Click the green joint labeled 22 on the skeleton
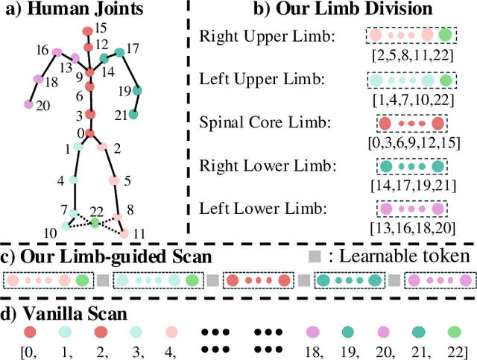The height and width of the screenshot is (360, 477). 95,222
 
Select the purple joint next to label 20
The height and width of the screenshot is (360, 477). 30,104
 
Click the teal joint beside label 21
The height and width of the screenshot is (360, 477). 133,114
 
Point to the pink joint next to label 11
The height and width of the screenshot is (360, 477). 124,234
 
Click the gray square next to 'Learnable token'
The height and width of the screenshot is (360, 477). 315,257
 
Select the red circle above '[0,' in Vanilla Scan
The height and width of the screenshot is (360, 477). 31,331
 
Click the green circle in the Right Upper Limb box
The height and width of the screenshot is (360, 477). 445,35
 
